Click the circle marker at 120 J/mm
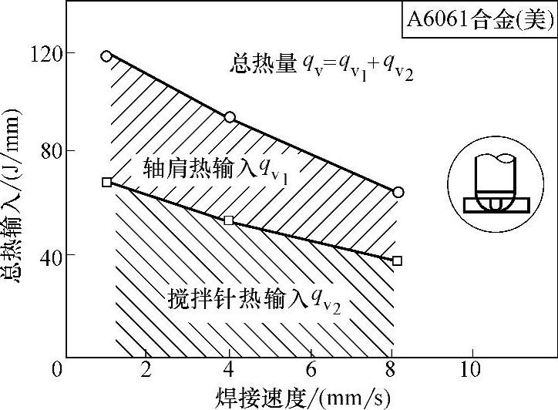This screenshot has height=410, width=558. (x=106, y=55)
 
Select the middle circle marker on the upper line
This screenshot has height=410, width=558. (x=229, y=117)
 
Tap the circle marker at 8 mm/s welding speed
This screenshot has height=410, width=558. (x=398, y=192)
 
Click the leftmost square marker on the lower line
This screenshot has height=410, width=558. (x=106, y=182)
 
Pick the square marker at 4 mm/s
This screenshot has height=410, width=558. (x=229, y=220)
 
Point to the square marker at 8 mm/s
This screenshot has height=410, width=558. (x=397, y=260)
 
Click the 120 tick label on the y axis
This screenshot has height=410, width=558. (x=48, y=53)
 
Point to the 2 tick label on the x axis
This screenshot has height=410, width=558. (x=146, y=370)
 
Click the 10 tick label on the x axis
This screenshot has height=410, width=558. (x=471, y=370)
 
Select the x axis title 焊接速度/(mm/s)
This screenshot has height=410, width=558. (x=301, y=397)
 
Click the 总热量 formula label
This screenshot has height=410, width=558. (x=321, y=67)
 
